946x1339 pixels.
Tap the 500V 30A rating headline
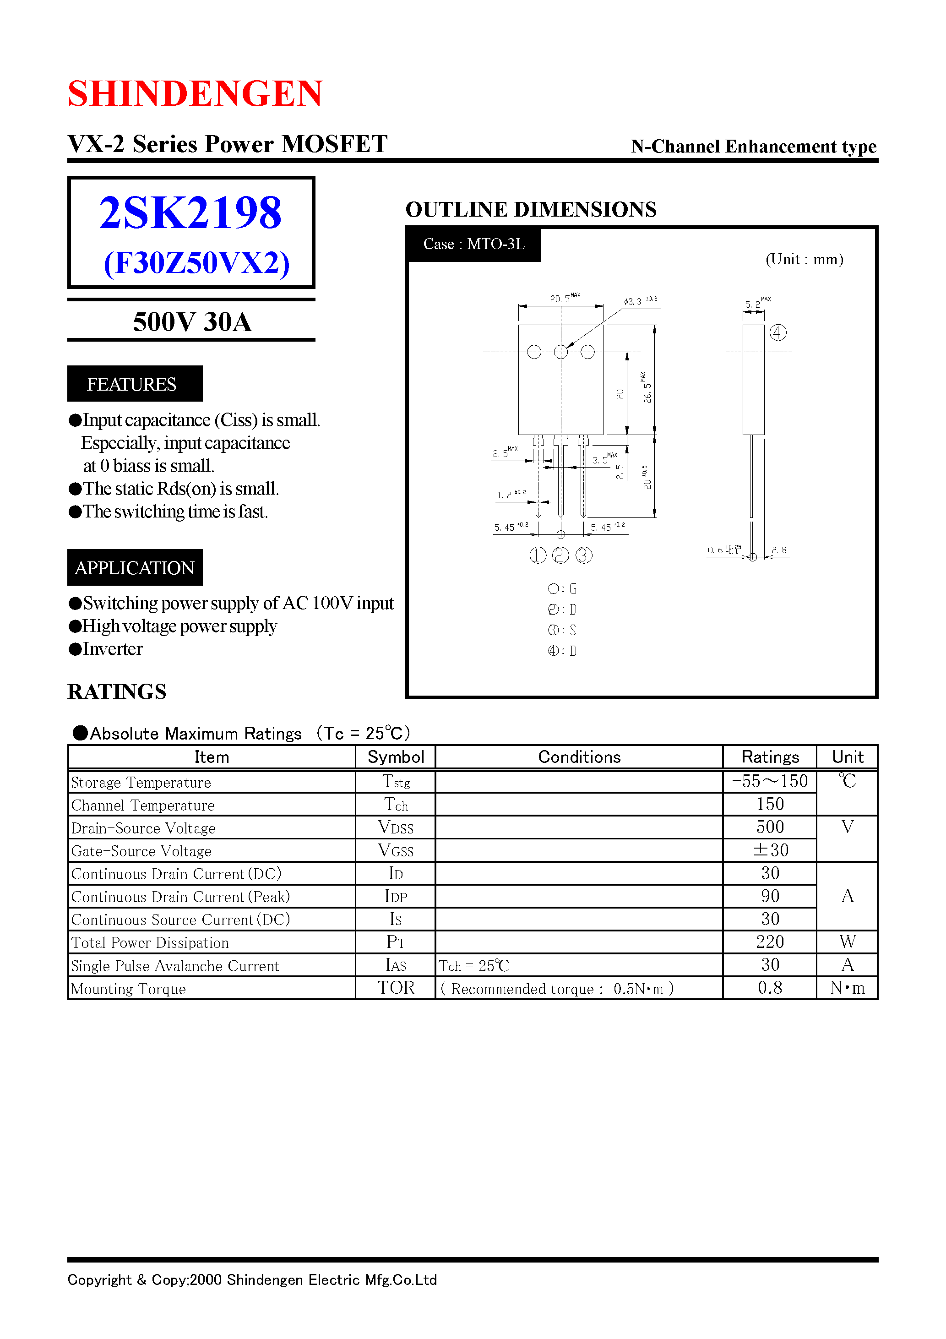[x=192, y=322]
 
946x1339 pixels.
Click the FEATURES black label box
[x=135, y=384]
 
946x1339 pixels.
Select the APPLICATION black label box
[x=135, y=567]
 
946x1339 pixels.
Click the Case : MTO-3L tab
[x=473, y=245]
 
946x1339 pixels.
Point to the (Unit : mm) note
[x=804, y=260]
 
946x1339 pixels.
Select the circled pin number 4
[x=777, y=332]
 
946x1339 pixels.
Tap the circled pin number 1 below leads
[x=537, y=555]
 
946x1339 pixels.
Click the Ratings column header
[x=769, y=757]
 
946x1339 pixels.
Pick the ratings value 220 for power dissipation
[x=769, y=942]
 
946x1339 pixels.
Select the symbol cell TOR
[x=396, y=988]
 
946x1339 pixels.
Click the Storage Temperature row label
[x=141, y=783]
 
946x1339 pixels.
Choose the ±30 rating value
[x=770, y=850]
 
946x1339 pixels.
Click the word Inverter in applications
[x=113, y=649]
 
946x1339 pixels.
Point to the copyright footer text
[x=252, y=1279]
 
